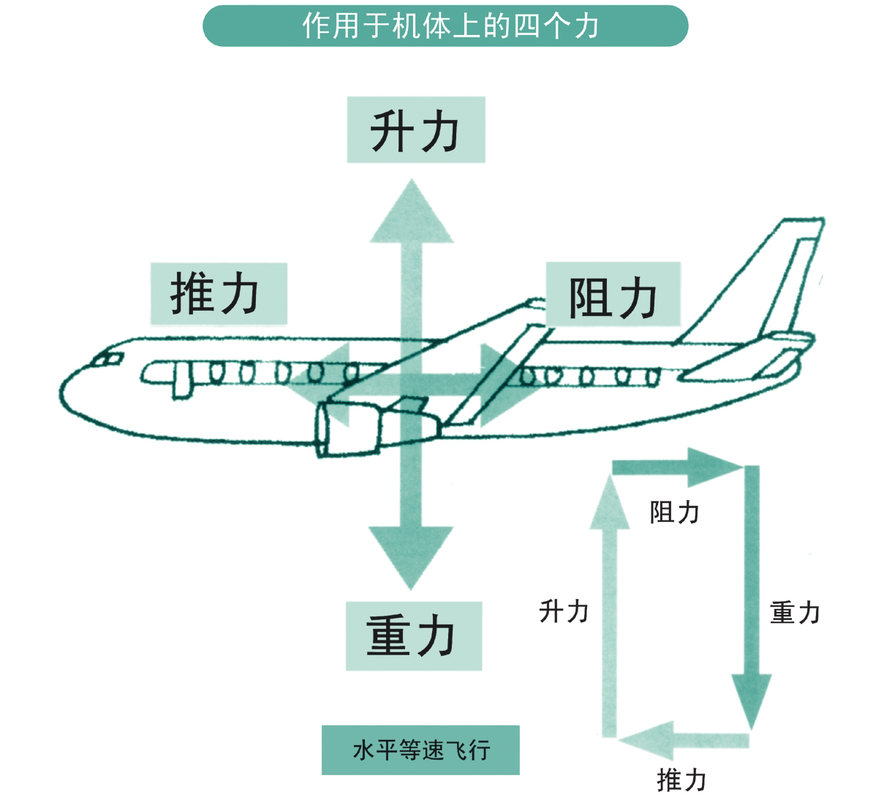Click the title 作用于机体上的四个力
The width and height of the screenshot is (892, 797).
pos(445,26)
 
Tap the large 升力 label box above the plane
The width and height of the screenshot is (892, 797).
pos(415,130)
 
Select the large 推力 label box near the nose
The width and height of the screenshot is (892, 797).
pos(218,294)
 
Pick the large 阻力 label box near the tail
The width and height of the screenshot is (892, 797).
pos(613,294)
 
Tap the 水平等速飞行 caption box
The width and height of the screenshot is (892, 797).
pos(420,750)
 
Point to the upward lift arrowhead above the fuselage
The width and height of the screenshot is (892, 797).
pos(412,214)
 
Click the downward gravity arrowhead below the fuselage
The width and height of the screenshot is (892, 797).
pos(411,556)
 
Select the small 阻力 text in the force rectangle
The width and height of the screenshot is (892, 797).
pos(674,513)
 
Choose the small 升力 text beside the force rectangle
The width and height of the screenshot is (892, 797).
pos(564,611)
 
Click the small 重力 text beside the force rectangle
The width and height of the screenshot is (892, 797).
pos(794,613)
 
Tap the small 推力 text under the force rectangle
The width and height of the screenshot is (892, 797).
pos(681,779)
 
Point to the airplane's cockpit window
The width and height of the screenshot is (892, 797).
pos(107,359)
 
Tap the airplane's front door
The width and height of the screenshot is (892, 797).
pos(181,380)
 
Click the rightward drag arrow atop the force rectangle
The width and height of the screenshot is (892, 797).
pos(676,467)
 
